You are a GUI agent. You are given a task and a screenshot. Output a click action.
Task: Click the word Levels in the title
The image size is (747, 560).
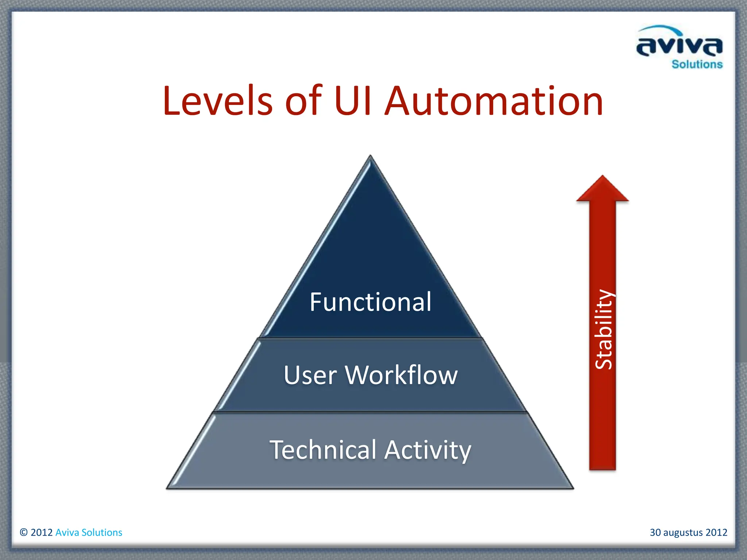coord(218,101)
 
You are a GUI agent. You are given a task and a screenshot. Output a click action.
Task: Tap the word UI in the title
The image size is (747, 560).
coord(352,101)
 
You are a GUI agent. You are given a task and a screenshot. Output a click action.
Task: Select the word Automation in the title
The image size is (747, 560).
coord(494,101)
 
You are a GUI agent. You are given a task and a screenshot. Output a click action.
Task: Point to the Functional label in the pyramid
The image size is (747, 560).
coord(371,302)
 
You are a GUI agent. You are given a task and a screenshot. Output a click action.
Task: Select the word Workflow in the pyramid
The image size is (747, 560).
coord(401,375)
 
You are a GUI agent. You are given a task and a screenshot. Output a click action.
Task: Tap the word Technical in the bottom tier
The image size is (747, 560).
coord(323,450)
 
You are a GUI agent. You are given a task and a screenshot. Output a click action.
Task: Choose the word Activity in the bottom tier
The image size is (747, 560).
coord(428,450)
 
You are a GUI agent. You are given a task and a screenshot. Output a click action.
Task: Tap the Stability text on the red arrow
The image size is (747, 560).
coord(603,329)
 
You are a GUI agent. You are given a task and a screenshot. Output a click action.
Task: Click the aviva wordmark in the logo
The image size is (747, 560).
coord(679,47)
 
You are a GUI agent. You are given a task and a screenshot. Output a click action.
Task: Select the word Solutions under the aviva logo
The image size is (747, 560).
coord(697,65)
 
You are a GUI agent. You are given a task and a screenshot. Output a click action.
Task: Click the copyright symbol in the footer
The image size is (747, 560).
coord(24,532)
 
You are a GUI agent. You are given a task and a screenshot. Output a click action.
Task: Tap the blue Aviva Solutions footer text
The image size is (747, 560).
coord(89,532)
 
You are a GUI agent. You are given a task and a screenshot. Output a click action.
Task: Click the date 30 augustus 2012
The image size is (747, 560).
coord(688,532)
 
